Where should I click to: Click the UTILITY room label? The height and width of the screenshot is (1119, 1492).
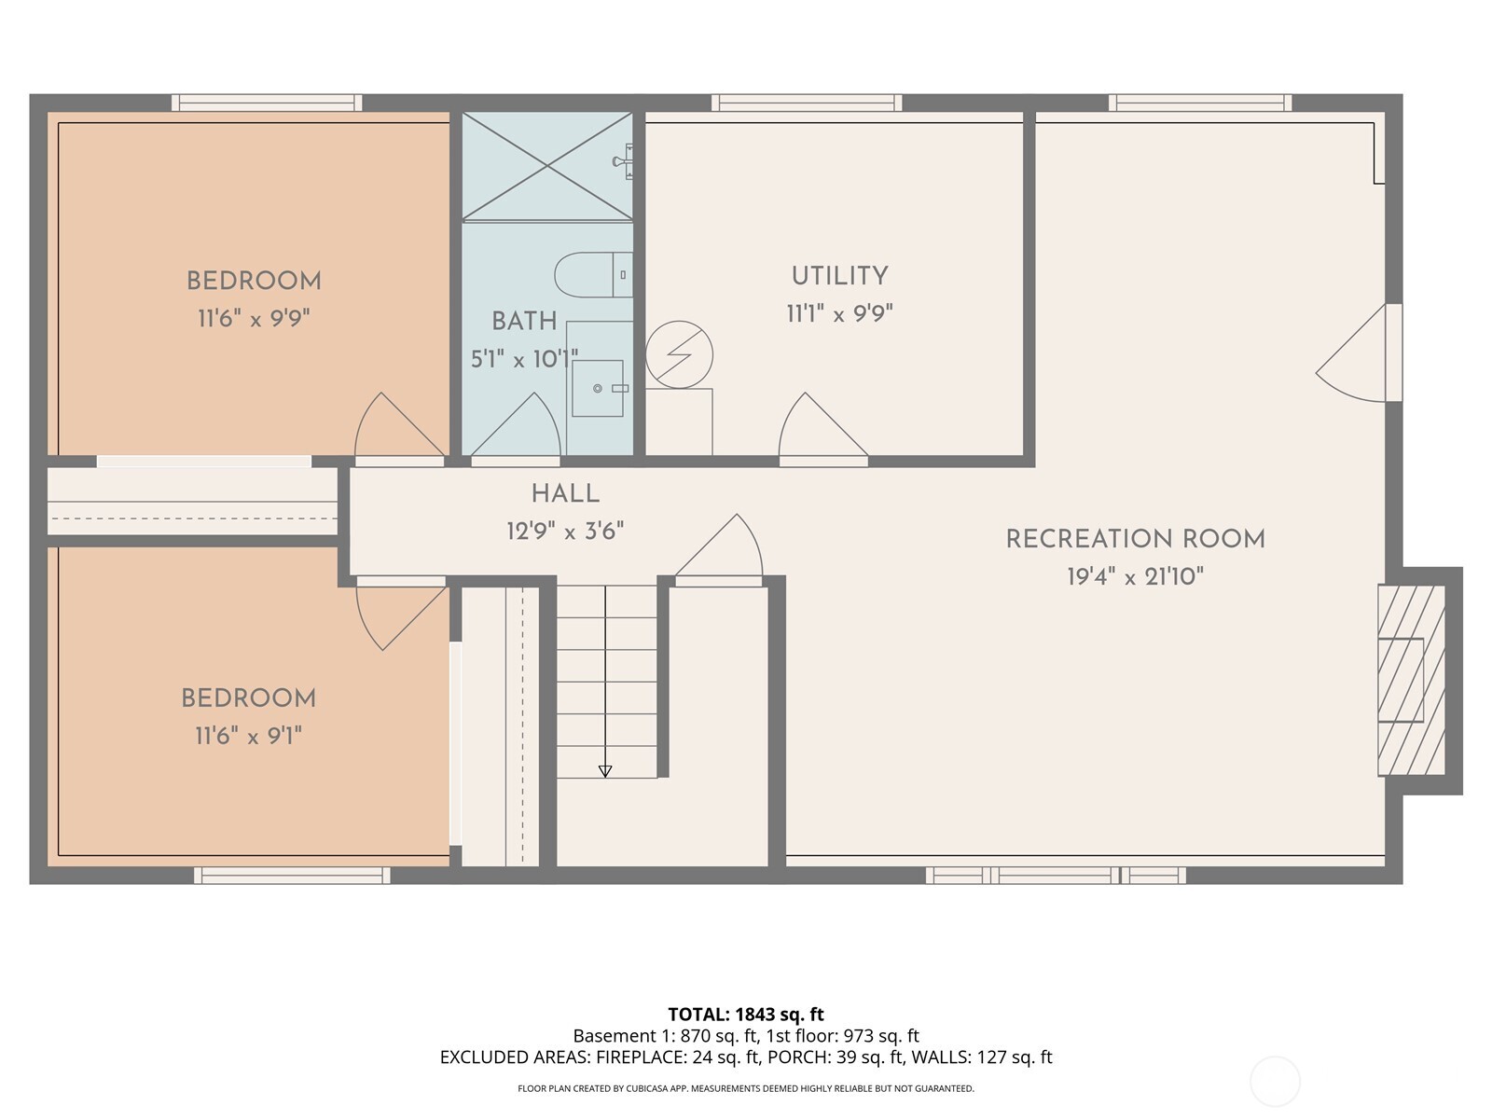click(x=839, y=276)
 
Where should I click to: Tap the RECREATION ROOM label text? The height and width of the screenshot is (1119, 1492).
click(x=1135, y=539)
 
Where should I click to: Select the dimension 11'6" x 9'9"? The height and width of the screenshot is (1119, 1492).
click(x=253, y=319)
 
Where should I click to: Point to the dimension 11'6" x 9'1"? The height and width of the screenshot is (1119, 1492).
click(x=248, y=737)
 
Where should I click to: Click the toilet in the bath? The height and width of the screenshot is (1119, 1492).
click(x=591, y=275)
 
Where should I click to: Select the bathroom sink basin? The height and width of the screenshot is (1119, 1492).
click(x=598, y=388)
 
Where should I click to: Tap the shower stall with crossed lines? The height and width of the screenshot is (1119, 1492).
click(x=547, y=166)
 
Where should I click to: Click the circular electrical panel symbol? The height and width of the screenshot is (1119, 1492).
click(x=680, y=355)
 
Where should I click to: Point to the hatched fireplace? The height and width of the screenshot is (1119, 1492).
click(x=1411, y=680)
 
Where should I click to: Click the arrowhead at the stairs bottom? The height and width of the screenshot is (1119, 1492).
click(x=605, y=771)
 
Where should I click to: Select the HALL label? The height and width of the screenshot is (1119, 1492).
click(x=565, y=494)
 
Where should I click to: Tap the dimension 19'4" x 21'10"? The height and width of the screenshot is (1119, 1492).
click(x=1135, y=577)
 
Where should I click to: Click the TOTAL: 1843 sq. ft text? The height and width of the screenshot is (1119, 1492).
click(x=746, y=1015)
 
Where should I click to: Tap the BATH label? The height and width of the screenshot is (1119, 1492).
click(x=524, y=321)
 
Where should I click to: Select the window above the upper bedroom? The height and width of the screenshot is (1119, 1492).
click(x=267, y=103)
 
